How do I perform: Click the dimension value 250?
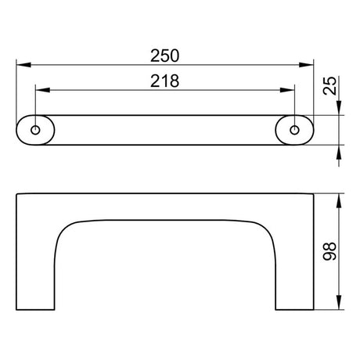[166, 56]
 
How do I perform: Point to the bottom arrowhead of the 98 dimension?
[339, 306]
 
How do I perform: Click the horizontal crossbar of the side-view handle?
[166, 206]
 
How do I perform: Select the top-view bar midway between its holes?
[166, 130]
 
